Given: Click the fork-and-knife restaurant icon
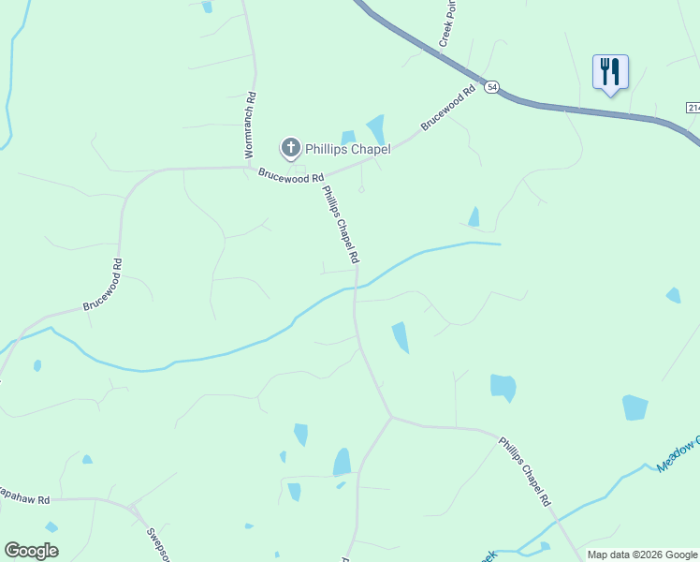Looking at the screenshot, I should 609,71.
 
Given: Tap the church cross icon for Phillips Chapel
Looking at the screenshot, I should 290,147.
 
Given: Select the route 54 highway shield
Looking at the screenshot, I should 492,87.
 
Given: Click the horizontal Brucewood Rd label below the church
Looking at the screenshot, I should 291,176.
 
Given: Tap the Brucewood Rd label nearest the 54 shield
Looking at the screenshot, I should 448,110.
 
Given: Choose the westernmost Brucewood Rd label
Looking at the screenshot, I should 104,286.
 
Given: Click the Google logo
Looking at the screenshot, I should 31,551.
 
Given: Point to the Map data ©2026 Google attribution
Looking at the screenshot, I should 642,555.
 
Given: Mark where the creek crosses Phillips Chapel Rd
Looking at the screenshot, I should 356,286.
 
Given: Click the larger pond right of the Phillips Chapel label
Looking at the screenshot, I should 376,128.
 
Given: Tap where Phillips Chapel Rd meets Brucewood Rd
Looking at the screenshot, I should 321,170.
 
